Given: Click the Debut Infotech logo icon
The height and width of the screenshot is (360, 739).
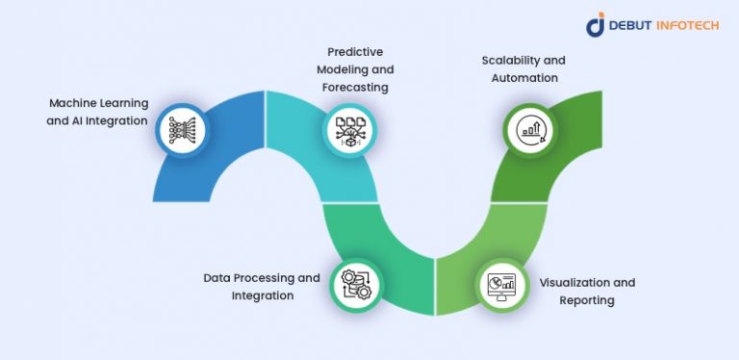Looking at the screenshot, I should click(595, 25).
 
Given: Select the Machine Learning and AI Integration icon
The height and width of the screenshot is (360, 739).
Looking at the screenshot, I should click(181, 130).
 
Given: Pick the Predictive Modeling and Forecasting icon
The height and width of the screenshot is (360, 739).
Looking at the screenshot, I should click(347, 130).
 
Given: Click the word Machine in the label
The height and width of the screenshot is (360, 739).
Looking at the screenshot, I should click(71, 103).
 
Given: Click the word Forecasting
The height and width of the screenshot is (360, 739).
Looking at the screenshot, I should click(355, 87).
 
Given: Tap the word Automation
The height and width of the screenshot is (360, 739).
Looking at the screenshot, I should click(523, 77).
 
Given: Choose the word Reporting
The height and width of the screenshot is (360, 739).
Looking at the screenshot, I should click(586, 300).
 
